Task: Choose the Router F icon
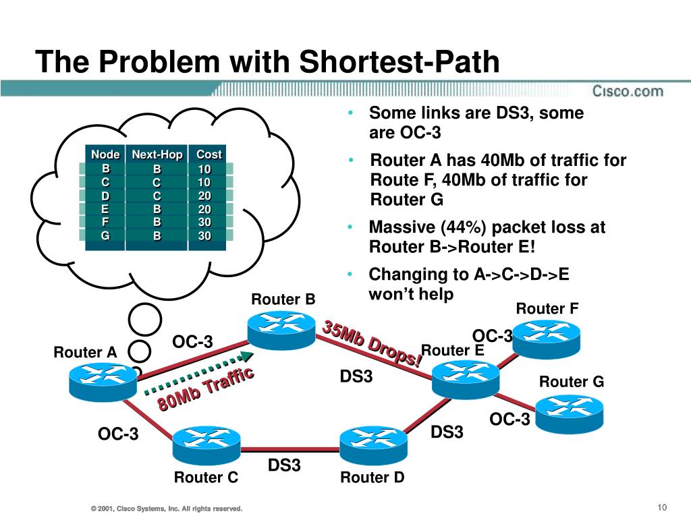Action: [547, 335]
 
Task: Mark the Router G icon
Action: [569, 409]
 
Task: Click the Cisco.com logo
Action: [628, 91]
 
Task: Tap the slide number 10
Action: [661, 507]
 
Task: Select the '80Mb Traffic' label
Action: [205, 390]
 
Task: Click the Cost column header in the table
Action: [209, 154]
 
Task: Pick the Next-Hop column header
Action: [157, 154]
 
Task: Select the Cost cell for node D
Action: [204, 196]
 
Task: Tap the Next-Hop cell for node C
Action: [157, 182]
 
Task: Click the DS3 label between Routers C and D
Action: [284, 465]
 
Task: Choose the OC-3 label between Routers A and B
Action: [192, 343]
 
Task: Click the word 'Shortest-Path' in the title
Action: [399, 63]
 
